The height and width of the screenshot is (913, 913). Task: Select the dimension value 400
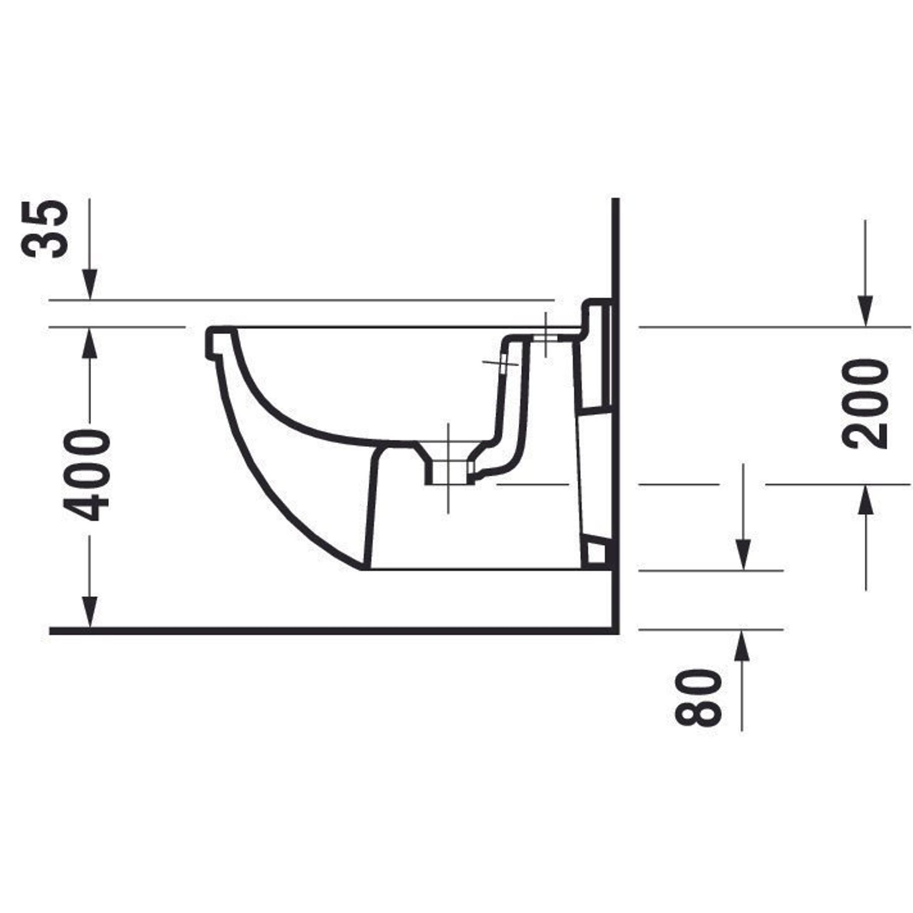(86, 475)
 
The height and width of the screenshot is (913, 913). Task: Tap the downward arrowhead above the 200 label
(865, 311)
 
